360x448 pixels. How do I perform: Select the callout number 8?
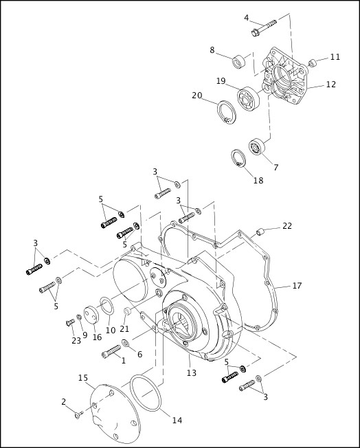(212, 49)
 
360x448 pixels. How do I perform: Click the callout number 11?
(335, 57)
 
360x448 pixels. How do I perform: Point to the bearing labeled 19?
(247, 97)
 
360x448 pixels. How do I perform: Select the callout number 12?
(330, 85)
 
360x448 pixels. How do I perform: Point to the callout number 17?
(297, 285)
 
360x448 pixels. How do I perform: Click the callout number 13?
(191, 372)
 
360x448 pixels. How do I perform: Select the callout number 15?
(83, 378)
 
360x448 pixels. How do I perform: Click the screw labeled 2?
(77, 414)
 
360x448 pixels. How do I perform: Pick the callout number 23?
(76, 340)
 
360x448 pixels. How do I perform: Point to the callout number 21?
(124, 328)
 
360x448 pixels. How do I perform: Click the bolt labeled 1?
(110, 353)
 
